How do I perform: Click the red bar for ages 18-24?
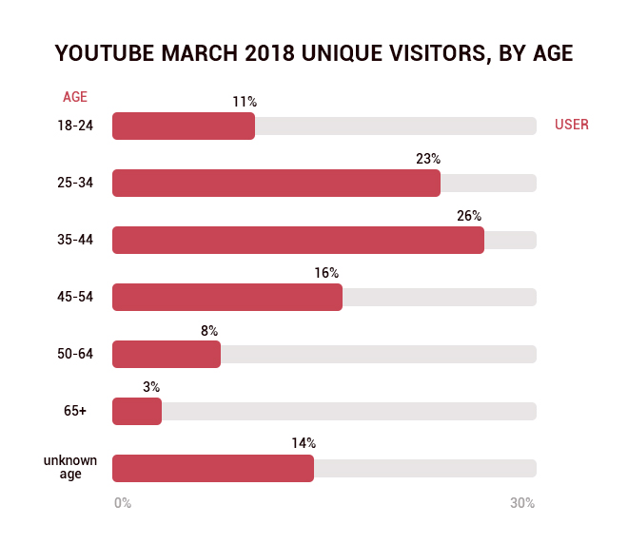pos(184,126)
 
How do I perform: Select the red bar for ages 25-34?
pos(276,183)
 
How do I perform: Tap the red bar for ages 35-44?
pos(298,240)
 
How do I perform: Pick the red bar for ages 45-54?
pos(227,297)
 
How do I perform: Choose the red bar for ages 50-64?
pos(167,354)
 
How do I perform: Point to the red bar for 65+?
pos(137,411)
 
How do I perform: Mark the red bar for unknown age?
pos(213,468)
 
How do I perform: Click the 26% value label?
pos(469,216)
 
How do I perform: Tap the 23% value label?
pos(428,159)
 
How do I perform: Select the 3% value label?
pos(151,387)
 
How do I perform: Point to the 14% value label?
pos(304,443)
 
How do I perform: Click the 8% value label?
pos(209,330)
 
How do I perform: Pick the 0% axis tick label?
pos(123,503)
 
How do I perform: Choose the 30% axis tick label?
pos(522,503)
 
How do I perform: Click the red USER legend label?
pos(572,125)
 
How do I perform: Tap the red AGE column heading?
pos(75,97)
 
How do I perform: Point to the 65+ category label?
pos(75,411)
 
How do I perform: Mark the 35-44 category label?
pos(75,240)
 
